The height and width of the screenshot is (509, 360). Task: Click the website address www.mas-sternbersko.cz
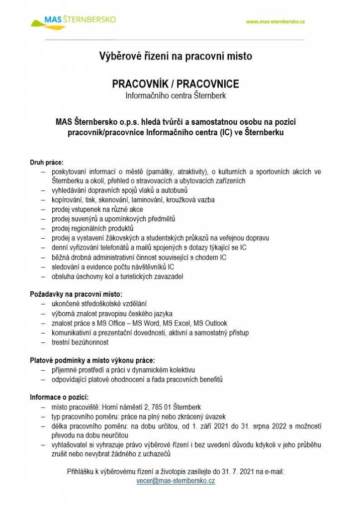click(x=275, y=22)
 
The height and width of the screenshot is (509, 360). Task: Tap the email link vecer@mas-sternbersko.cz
click(x=176, y=481)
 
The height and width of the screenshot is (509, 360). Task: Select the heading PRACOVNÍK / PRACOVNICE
click(x=176, y=84)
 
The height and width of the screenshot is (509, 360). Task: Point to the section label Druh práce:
click(x=47, y=162)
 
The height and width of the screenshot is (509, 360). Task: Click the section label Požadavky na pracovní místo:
click(x=76, y=294)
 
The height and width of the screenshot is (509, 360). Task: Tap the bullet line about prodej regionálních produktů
click(x=92, y=228)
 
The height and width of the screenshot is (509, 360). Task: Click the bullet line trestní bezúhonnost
click(x=80, y=342)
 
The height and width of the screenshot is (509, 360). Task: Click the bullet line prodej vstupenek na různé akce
click(x=97, y=209)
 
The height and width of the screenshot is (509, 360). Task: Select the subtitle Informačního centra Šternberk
click(x=176, y=95)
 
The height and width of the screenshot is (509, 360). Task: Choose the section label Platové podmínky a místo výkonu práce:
click(x=92, y=360)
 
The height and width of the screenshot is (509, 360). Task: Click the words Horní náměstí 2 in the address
click(x=122, y=407)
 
